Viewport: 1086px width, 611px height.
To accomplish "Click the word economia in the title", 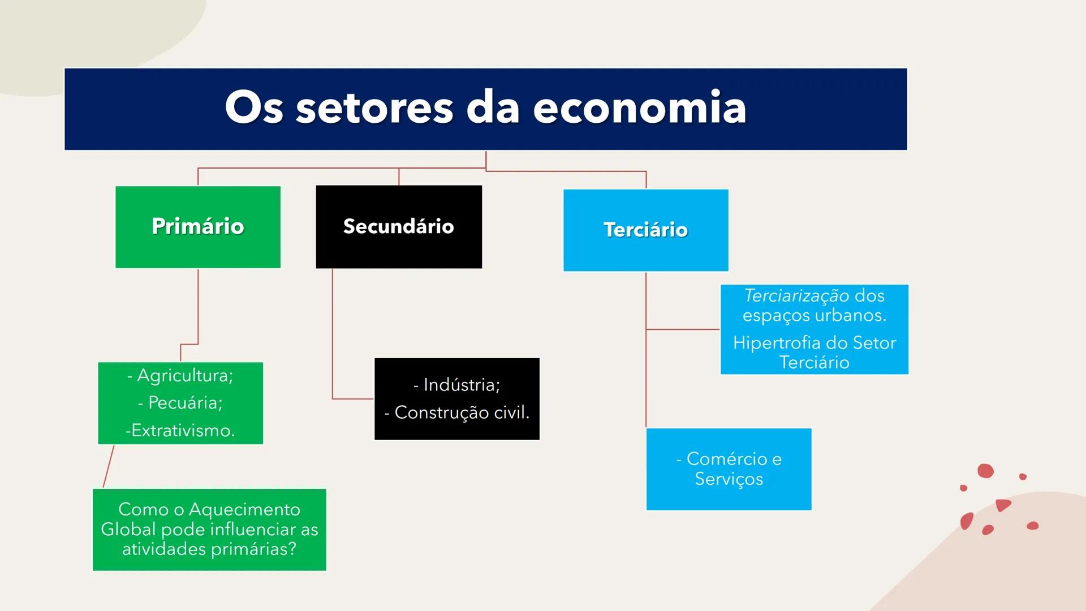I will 639,108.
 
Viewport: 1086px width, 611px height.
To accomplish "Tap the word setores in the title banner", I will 374,108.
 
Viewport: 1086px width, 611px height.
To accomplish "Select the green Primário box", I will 198,227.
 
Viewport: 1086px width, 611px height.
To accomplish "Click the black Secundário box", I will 399,227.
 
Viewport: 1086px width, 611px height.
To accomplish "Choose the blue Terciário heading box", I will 645,230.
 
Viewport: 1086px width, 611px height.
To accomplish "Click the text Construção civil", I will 462,412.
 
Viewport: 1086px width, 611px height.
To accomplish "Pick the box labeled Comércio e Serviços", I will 729,469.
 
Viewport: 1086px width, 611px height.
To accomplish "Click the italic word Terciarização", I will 796,295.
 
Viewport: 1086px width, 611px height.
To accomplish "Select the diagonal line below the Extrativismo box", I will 109,466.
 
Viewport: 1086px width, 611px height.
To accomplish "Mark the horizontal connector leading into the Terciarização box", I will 683,329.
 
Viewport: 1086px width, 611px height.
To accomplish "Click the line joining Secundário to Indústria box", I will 333,339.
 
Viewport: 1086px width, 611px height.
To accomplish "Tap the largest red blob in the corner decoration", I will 985,471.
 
